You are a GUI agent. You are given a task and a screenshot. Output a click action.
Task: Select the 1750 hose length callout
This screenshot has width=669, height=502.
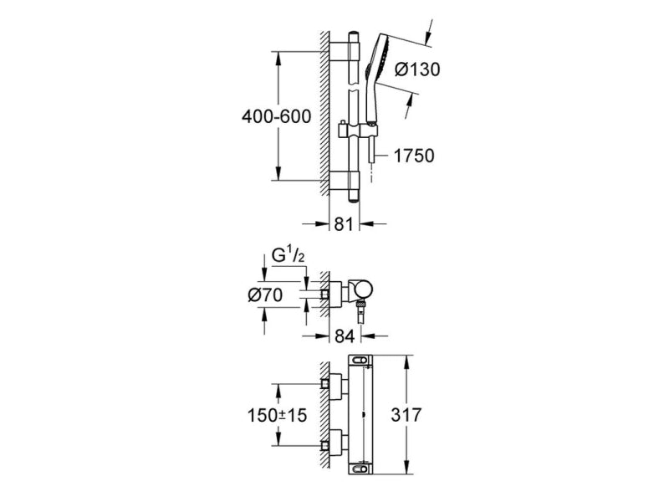point(414,156)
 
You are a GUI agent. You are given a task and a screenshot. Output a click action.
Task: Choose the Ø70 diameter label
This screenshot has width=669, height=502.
point(269,294)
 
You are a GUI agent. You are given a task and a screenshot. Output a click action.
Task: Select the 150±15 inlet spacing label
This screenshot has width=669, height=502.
point(273,414)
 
